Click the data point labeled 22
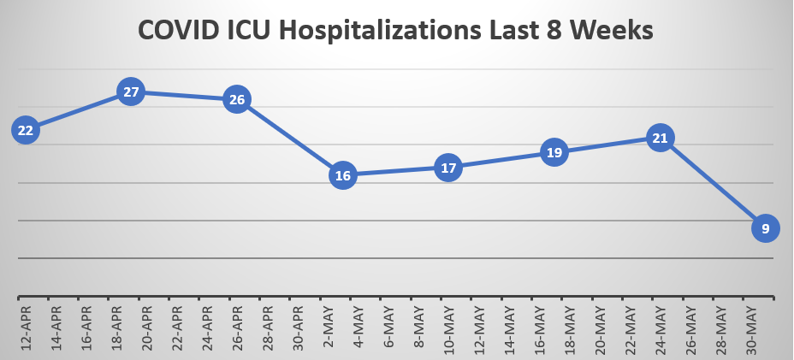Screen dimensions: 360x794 click(26, 130)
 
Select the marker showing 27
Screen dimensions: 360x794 click(131, 91)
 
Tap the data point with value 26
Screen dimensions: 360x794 click(237, 99)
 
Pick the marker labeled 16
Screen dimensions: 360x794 click(343, 176)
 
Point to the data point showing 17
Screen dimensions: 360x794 click(448, 168)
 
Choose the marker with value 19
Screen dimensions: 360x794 click(554, 152)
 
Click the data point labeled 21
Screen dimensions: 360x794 click(660, 137)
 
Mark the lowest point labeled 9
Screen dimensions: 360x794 click(766, 227)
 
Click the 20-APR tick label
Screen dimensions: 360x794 click(146, 327)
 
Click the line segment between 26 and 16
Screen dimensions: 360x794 click(290, 138)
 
